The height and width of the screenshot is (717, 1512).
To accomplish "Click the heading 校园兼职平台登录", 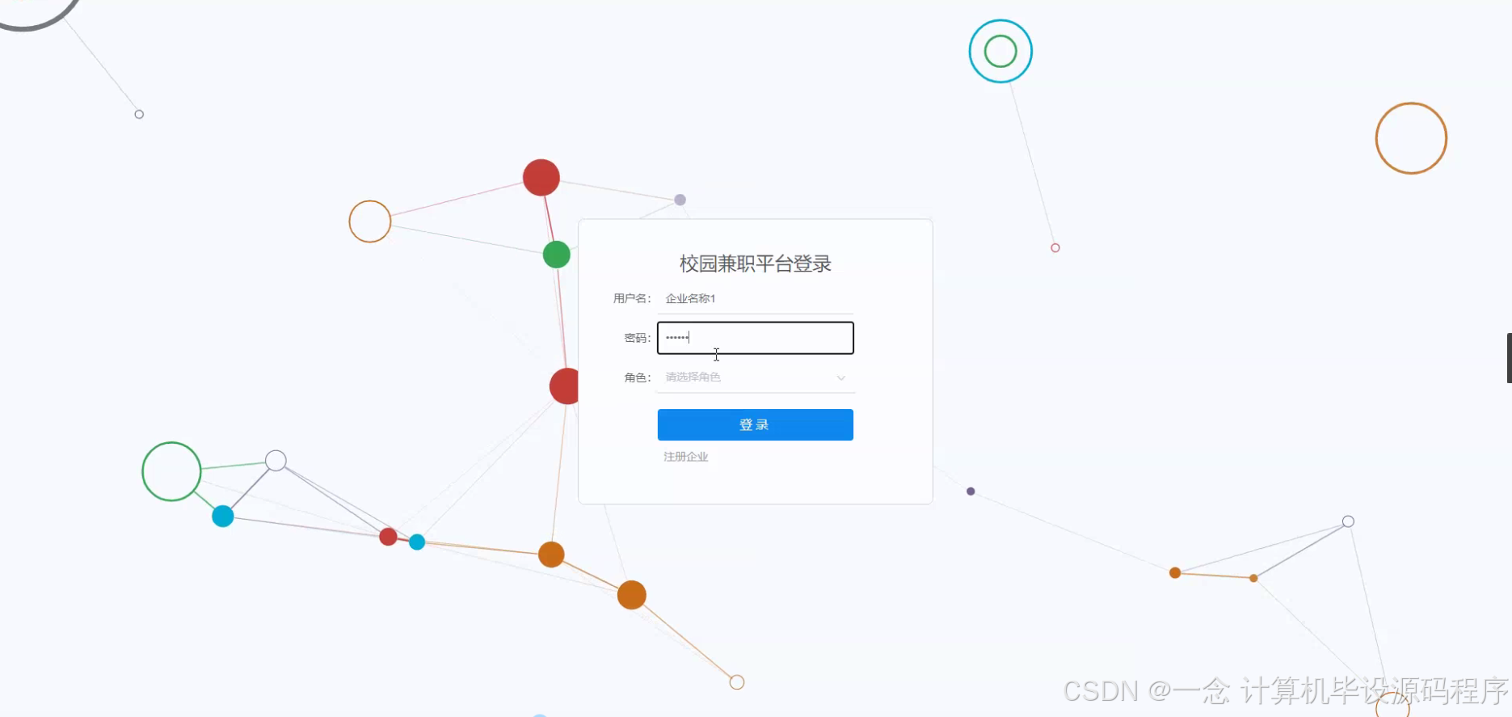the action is click(x=755, y=264).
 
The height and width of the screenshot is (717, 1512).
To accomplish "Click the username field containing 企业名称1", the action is click(x=755, y=298).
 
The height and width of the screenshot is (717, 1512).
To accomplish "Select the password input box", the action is click(x=755, y=338).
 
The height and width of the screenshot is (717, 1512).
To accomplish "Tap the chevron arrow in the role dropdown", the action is click(x=840, y=377).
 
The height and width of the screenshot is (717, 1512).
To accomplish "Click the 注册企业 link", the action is click(x=685, y=457).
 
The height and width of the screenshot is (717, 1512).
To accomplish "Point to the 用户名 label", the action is click(x=631, y=298).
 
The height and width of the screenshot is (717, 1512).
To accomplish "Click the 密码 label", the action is click(x=637, y=338).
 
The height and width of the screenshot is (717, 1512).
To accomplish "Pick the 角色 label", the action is click(x=637, y=377).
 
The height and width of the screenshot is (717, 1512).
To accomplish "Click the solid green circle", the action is click(x=557, y=255).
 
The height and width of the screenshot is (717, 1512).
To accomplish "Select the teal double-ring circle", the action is click(x=1000, y=52).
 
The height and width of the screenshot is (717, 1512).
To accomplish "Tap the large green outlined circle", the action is click(x=171, y=471).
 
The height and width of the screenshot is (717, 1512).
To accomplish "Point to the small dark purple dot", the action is click(x=971, y=491).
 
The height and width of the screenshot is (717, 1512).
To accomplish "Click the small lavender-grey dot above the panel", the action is click(x=680, y=200).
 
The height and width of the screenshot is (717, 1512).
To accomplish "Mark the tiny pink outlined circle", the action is click(x=1055, y=248).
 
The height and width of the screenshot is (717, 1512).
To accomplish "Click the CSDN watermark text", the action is click(x=1285, y=691).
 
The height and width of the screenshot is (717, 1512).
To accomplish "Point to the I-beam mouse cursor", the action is click(x=716, y=354).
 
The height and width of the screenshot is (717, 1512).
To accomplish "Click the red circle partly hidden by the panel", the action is click(x=565, y=386).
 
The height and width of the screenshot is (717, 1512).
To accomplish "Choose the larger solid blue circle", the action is click(x=223, y=517).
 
